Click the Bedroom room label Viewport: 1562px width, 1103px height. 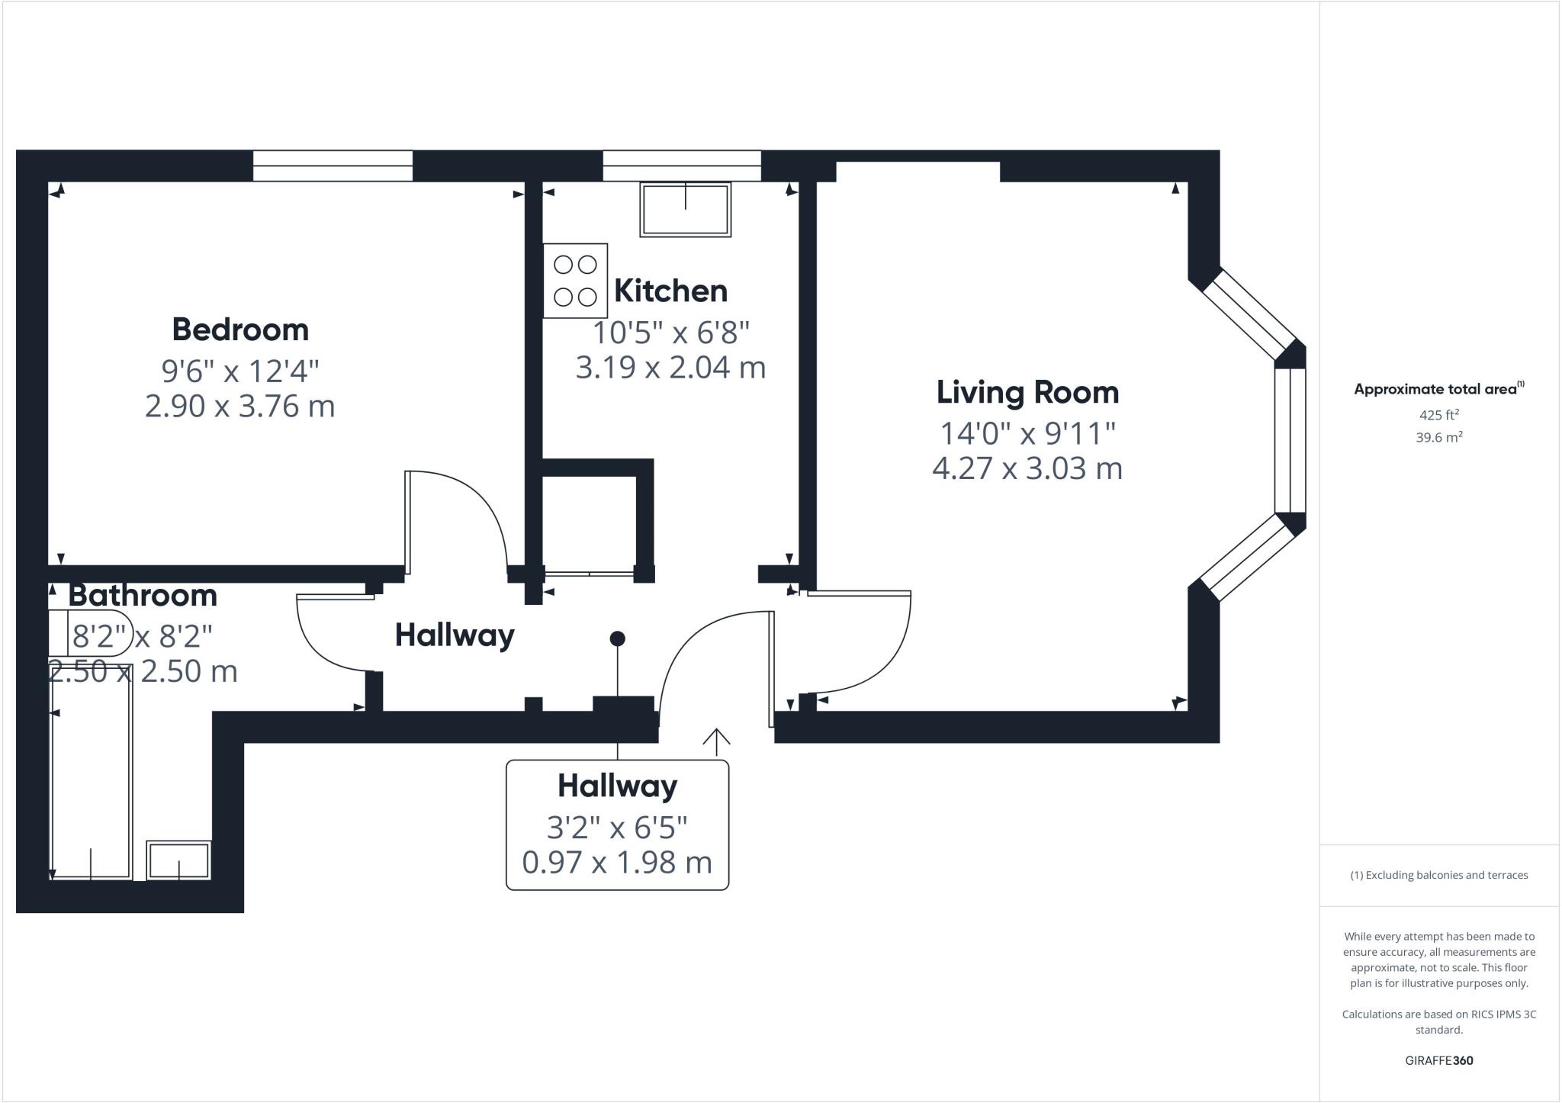pyautogui.click(x=240, y=330)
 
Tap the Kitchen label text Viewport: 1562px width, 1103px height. pyautogui.click(x=670, y=291)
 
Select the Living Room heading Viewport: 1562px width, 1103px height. pyautogui.click(x=1027, y=392)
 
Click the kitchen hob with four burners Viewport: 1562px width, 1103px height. pyautogui.click(x=575, y=281)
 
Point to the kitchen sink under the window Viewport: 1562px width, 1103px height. pyautogui.click(x=685, y=209)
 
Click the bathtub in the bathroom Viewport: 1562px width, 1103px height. pyautogui.click(x=92, y=772)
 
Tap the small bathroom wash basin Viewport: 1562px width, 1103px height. pyautogui.click(x=178, y=860)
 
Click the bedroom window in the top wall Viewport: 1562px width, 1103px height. pyautogui.click(x=333, y=166)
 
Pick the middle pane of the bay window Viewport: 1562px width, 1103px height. pyautogui.click(x=1290, y=440)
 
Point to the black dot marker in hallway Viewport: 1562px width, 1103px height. pyautogui.click(x=618, y=638)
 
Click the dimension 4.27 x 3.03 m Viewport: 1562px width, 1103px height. pyautogui.click(x=1027, y=468)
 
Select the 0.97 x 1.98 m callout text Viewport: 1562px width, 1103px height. pyautogui.click(x=617, y=863)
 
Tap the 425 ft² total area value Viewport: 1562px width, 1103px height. pyautogui.click(x=1438, y=415)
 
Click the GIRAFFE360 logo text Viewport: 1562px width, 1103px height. pyautogui.click(x=1438, y=1060)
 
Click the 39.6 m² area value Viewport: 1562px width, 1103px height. pyautogui.click(x=1438, y=438)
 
